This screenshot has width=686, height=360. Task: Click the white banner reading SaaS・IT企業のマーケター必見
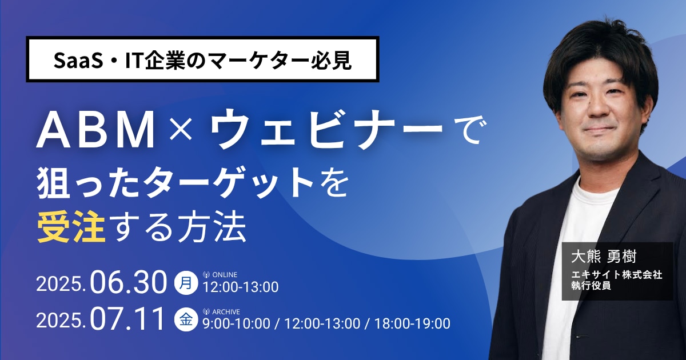tap(203, 59)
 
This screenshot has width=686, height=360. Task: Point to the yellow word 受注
tap(71, 227)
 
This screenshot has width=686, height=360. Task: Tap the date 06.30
tap(128, 283)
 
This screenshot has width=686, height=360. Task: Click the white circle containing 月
tap(186, 283)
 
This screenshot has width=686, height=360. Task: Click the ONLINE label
tap(225, 275)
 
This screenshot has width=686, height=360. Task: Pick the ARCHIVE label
tap(226, 311)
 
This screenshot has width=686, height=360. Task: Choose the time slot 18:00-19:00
tap(412, 323)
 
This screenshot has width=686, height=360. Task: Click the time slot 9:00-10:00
tap(237, 323)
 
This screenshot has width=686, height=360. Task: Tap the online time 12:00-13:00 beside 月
tap(241, 287)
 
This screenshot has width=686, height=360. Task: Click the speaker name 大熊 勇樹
tap(604, 256)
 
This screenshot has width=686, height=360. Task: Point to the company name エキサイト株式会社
tap(616, 275)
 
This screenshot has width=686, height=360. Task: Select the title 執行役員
tap(591, 285)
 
